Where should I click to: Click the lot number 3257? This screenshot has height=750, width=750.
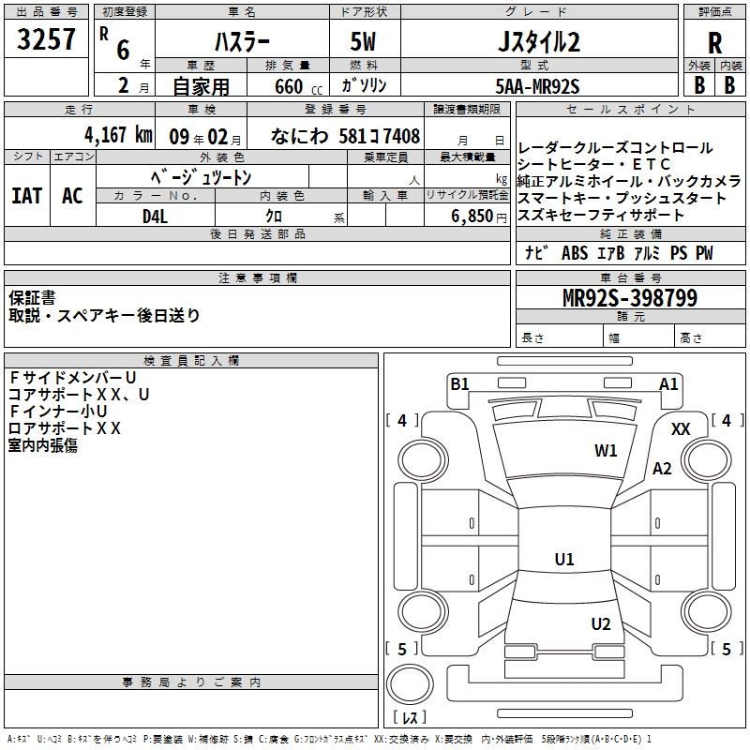coord(46,39)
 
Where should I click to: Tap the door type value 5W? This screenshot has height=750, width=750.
coord(363,42)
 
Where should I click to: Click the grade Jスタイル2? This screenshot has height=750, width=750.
coord(536,42)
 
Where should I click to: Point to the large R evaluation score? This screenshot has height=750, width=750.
coord(714,43)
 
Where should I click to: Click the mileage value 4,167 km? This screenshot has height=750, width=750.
coord(117,135)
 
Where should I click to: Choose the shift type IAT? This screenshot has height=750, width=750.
coord(27,196)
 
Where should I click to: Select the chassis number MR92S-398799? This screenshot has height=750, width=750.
coord(629,299)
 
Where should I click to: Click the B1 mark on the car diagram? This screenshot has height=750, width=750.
coord(459,383)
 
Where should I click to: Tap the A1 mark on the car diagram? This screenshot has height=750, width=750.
coord(668,383)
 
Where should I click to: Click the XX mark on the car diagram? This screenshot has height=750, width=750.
coord(681,428)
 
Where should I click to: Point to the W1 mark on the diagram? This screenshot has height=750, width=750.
coord(606,451)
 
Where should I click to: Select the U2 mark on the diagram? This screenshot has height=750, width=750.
coord(601,624)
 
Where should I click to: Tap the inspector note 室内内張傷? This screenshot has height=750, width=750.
coord(43,445)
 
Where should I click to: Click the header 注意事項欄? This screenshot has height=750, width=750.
coord(258,278)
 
